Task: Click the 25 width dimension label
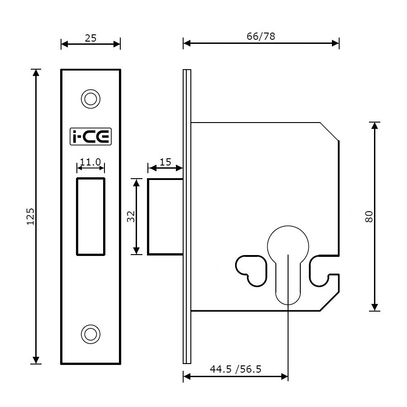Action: click(x=90, y=38)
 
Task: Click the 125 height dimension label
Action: click(x=30, y=216)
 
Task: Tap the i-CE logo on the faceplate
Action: click(x=90, y=136)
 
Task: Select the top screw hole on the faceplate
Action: click(x=90, y=99)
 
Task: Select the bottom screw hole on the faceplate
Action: click(x=90, y=334)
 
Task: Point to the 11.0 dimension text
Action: click(x=90, y=162)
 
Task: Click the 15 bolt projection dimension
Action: click(x=166, y=162)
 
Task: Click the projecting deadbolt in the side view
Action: click(x=165, y=216)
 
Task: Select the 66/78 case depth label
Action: click(x=261, y=37)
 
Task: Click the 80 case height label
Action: click(x=369, y=216)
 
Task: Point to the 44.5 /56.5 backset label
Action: click(x=236, y=369)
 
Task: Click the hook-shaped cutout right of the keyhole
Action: click(x=322, y=274)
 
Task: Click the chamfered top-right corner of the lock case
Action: click(x=330, y=131)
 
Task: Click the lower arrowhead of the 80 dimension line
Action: click(x=374, y=308)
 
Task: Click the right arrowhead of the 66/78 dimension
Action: click(x=336, y=43)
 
